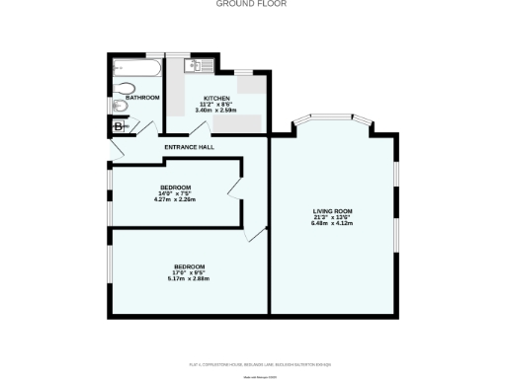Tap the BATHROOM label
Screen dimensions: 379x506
click(x=142, y=97)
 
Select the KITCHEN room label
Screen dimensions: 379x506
click(x=217, y=98)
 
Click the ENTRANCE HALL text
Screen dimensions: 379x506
click(x=189, y=148)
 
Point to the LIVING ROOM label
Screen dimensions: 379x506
click(x=331, y=211)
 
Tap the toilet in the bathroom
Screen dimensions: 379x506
click(x=121, y=104)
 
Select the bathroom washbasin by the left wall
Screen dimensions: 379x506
click(x=116, y=86)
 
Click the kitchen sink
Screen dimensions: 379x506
click(x=195, y=66)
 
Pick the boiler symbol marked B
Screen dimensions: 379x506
click(x=119, y=126)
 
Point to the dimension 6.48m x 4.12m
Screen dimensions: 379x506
click(x=331, y=223)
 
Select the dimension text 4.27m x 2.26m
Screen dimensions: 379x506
click(x=175, y=199)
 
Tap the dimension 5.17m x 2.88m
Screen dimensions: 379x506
click(x=190, y=279)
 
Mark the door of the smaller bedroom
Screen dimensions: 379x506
click(x=235, y=189)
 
